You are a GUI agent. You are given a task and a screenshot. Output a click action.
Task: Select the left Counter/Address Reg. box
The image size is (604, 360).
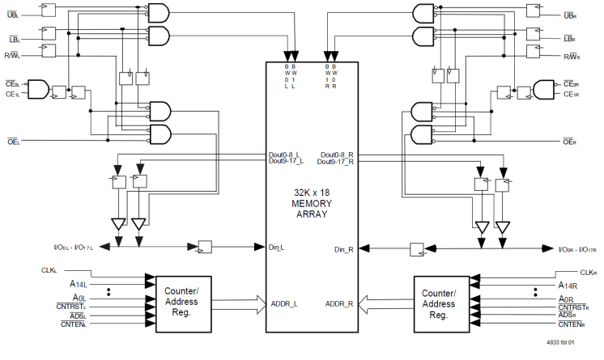coord(186,297)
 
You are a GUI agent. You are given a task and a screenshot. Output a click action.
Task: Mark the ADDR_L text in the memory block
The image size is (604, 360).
coord(284,304)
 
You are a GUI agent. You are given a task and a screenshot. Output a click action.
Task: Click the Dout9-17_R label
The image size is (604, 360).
coord(338,163)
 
